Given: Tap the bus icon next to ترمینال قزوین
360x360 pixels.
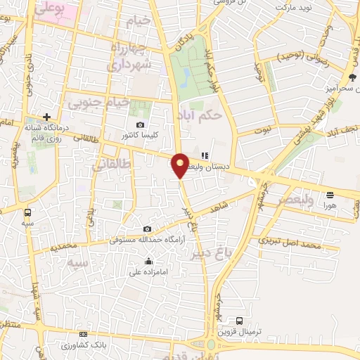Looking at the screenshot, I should click(x=240, y=320).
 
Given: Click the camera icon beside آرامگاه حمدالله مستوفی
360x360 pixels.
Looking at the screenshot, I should click(x=146, y=229).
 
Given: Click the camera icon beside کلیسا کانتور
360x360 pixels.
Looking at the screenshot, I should click(x=141, y=124).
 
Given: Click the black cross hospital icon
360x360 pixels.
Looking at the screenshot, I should click(x=46, y=117).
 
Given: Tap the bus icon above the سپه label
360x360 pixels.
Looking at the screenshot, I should click(x=27, y=212).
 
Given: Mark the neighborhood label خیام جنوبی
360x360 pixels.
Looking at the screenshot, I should click(x=98, y=103).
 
